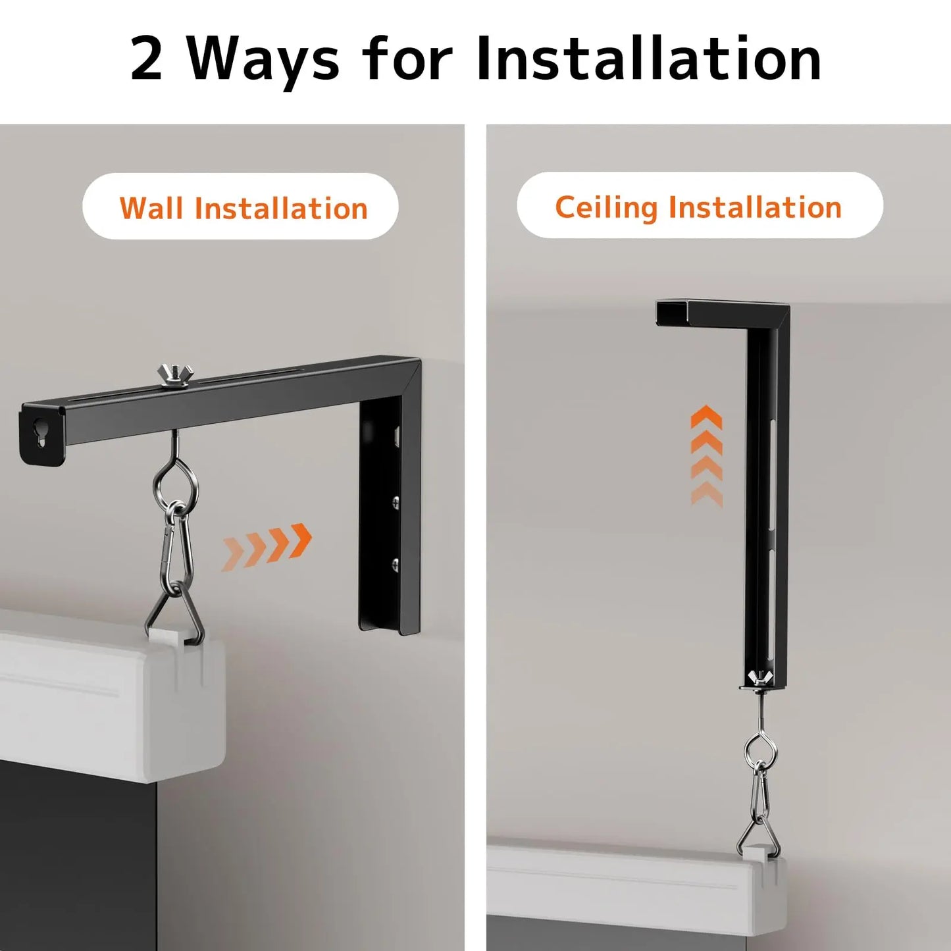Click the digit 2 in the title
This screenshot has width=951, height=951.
[x=147, y=59]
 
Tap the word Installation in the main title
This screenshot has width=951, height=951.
[x=648, y=59]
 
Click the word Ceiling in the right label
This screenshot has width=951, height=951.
[x=605, y=208]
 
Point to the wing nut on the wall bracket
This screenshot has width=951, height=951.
[x=175, y=375]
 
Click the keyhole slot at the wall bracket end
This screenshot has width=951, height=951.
[x=41, y=432]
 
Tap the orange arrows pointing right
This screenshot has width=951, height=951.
[x=267, y=545]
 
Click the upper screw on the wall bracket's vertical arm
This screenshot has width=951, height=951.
[x=396, y=503]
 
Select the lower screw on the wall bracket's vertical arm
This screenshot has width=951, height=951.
[x=395, y=563]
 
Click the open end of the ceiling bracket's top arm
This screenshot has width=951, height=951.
[x=672, y=313]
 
